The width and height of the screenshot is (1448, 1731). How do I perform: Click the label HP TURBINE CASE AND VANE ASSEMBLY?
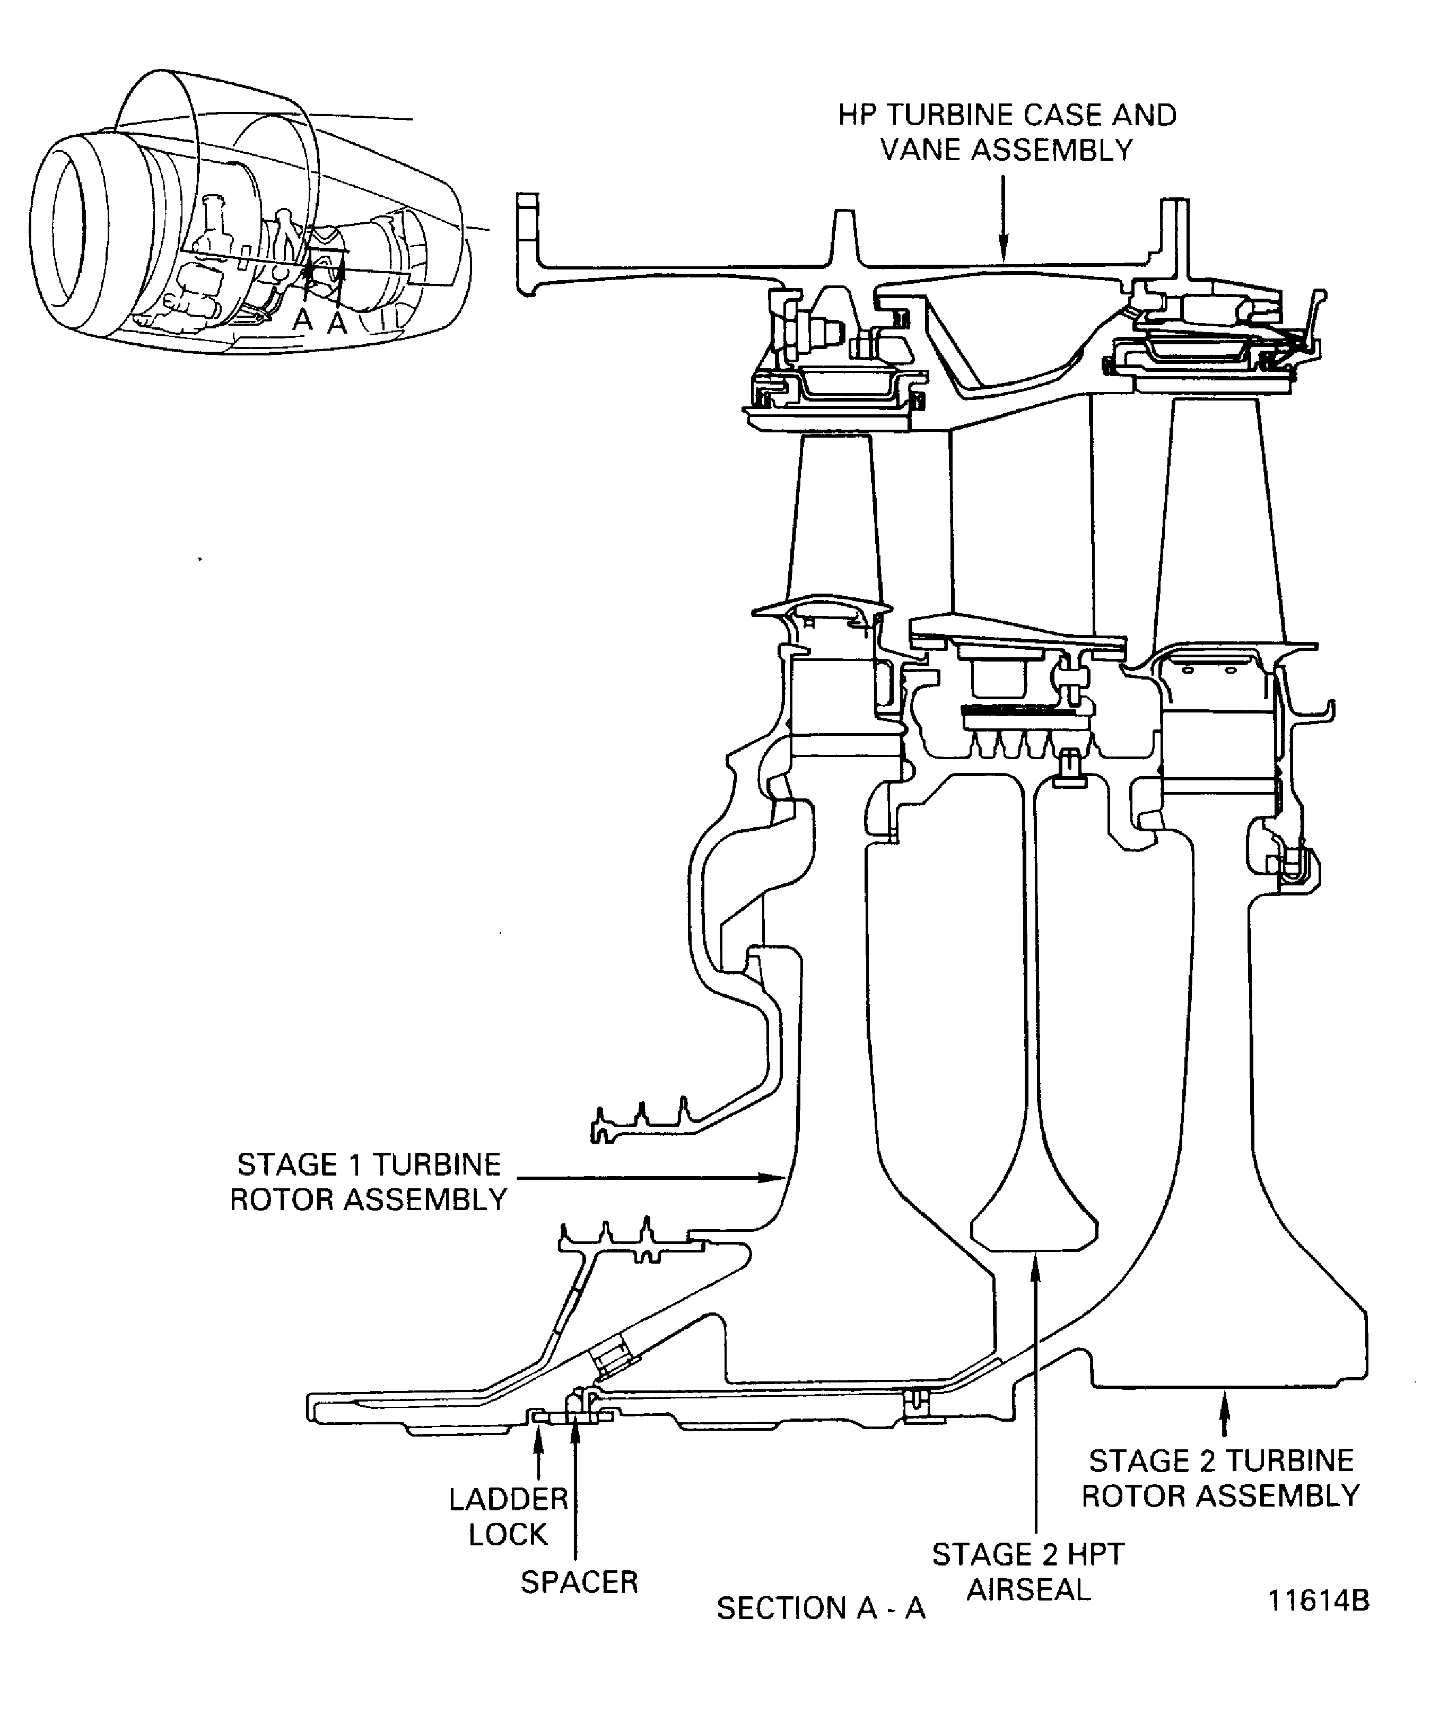pyautogui.click(x=1007, y=133)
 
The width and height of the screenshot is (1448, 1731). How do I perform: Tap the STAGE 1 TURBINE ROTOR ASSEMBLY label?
pyautogui.click(x=369, y=1182)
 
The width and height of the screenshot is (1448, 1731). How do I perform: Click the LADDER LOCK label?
pyautogui.click(x=509, y=1517)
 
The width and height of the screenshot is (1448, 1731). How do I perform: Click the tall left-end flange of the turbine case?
pyautogui.click(x=527, y=239)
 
